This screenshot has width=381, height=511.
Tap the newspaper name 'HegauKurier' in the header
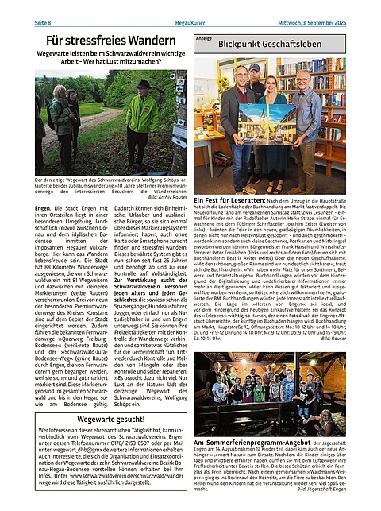[189, 7]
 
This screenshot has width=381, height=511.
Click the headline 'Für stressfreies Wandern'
[110, 39]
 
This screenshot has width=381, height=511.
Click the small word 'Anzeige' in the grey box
[204, 38]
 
